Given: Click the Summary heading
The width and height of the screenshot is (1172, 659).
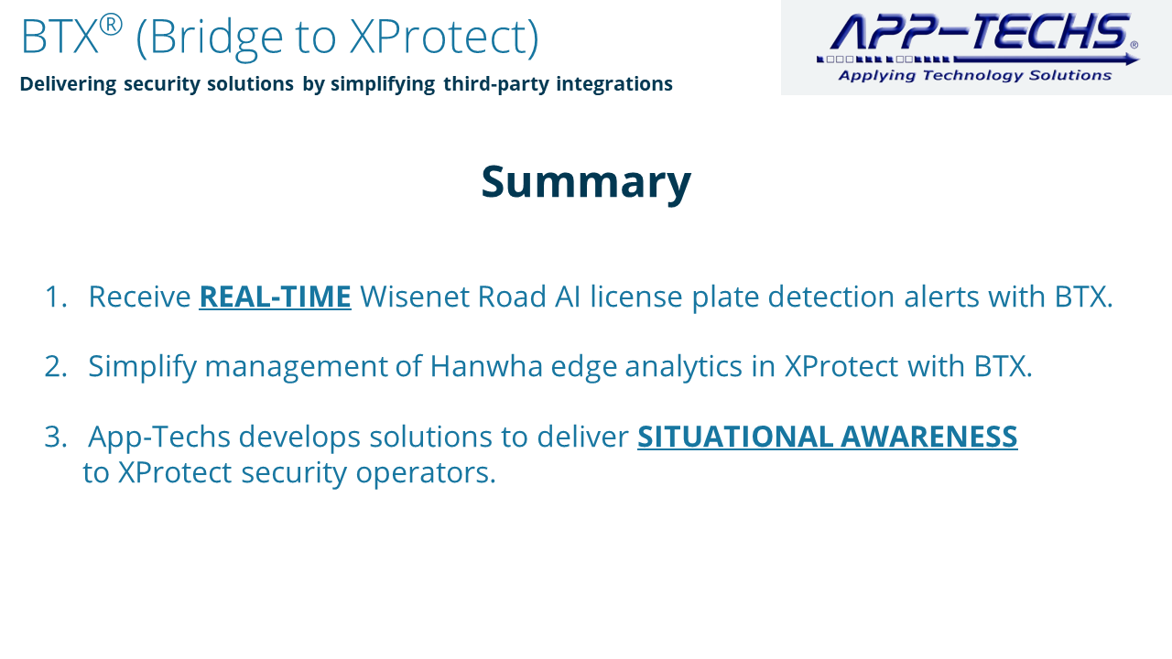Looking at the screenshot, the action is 586,182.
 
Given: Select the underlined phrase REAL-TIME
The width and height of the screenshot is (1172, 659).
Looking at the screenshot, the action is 276,297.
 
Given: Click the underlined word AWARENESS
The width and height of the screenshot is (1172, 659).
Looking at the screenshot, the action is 929,437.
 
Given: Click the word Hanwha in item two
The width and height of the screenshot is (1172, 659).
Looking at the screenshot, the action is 486,366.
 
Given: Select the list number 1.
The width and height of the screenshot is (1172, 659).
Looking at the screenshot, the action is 56,297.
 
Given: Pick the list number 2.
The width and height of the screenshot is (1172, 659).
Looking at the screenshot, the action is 56,366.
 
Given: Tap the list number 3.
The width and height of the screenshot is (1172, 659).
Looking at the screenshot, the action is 56,437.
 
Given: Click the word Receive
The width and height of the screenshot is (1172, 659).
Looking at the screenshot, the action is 140,297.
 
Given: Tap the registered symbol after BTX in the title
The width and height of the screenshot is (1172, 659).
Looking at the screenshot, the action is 111,25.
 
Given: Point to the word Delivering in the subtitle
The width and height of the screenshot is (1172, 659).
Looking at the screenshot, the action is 68,84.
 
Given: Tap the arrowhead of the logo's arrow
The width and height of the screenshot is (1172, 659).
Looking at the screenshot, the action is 1131,59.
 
